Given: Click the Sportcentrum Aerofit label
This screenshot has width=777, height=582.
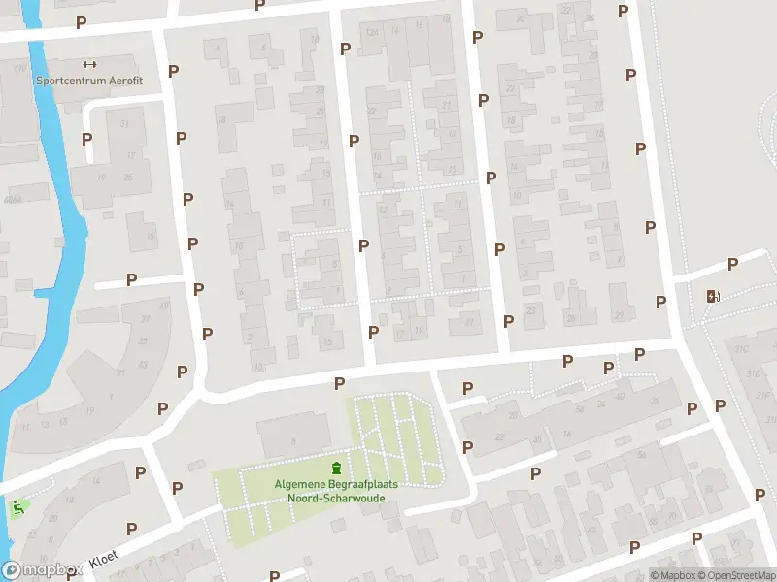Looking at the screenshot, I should pos(88,81).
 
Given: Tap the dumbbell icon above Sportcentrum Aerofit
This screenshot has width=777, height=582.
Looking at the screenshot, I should pos(90,64).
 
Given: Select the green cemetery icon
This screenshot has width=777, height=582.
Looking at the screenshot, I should pos(337,469).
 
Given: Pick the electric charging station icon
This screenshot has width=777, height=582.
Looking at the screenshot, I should pos(713,296).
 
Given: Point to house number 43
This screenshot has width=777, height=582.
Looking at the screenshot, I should pos(144,364).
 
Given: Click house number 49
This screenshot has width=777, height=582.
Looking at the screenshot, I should pos(163,307).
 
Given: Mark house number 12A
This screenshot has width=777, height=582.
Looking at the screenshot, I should pos(371,31).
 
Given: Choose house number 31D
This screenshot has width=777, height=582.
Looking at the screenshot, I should pos(753,373).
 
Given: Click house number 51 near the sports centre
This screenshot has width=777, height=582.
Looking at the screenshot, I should pos(124,124).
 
